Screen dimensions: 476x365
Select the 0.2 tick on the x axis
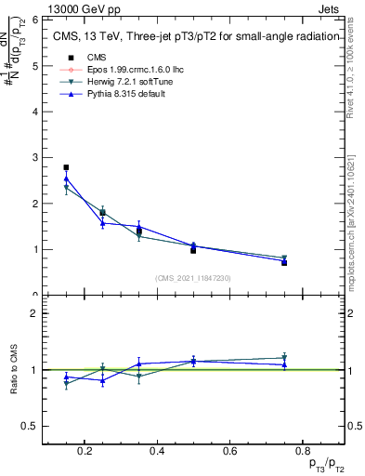(x=86, y=451)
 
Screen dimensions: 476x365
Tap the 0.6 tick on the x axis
(x=232, y=451)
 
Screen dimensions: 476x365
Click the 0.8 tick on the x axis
(x=306, y=451)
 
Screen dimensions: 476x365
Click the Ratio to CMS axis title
(x=14, y=370)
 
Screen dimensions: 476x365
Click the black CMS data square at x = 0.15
(x=66, y=167)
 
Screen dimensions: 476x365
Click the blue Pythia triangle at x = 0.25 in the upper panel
(x=103, y=223)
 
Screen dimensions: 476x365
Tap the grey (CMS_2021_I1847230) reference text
(x=193, y=277)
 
